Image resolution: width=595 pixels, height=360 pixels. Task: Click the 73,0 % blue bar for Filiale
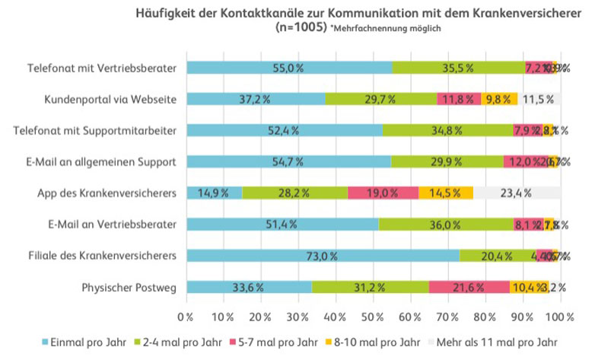(x=323, y=256)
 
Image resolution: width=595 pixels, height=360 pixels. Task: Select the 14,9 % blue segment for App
(x=214, y=193)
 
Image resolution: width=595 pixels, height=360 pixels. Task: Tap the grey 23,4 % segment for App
(x=517, y=193)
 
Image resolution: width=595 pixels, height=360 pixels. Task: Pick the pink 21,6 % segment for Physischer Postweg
(x=469, y=287)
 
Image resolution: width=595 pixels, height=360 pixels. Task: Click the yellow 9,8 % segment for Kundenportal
(x=498, y=99)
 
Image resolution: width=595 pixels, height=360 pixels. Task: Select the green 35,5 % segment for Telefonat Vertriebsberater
(x=458, y=68)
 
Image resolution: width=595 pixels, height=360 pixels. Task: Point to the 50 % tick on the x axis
(x=374, y=316)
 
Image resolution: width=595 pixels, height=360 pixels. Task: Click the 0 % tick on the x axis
(x=186, y=316)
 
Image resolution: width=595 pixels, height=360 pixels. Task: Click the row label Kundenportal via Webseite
(x=111, y=99)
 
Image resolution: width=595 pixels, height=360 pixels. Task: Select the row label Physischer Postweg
(x=129, y=287)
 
